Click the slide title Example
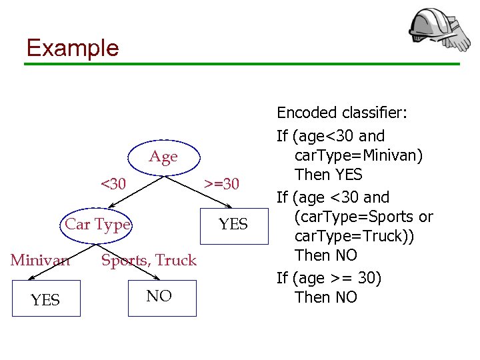pyautogui.click(x=72, y=48)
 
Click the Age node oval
pyautogui.click(x=163, y=157)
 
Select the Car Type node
pyautogui.click(x=97, y=224)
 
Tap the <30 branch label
pyautogui.click(x=113, y=183)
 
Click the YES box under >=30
pyautogui.click(x=233, y=225)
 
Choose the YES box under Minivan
pyautogui.click(x=45, y=300)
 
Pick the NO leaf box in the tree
pyautogui.click(x=159, y=296)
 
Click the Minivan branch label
pyautogui.click(x=40, y=260)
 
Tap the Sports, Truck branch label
pyautogui.click(x=149, y=260)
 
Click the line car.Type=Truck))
pyautogui.click(x=352, y=236)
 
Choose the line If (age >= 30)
pyautogui.click(x=329, y=277)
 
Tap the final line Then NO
pyautogui.click(x=326, y=297)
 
